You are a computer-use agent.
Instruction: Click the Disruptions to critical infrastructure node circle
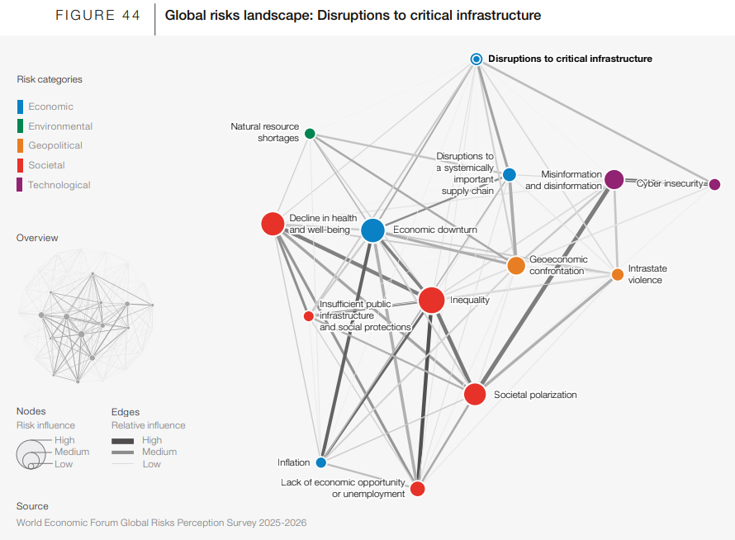coord(477,59)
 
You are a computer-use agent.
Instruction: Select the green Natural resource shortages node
coord(310,134)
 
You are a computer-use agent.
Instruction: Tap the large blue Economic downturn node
coord(372,230)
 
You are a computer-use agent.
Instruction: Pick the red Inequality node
coord(431,300)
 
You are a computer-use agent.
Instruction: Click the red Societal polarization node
coord(475,394)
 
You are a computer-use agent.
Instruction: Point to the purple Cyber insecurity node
coord(715,184)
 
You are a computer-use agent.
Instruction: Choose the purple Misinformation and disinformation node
coord(614,179)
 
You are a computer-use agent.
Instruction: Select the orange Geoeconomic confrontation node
coord(516,266)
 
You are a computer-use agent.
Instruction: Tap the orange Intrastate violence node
coord(618,274)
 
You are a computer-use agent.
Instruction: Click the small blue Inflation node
coord(320,462)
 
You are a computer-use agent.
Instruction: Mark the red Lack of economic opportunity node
coord(418,489)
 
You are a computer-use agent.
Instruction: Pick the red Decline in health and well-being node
coord(272,224)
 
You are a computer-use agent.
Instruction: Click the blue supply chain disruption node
coord(510,174)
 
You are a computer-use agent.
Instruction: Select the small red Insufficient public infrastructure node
coord(309,315)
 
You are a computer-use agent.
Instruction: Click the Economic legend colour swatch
coord(20,107)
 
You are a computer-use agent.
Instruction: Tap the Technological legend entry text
coord(59,185)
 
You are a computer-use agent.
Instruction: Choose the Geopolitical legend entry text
coord(55,145)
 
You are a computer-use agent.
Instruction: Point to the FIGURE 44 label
coord(97,16)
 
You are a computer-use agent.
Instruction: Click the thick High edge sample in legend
coord(123,441)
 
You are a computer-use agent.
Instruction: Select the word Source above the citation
coord(32,506)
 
